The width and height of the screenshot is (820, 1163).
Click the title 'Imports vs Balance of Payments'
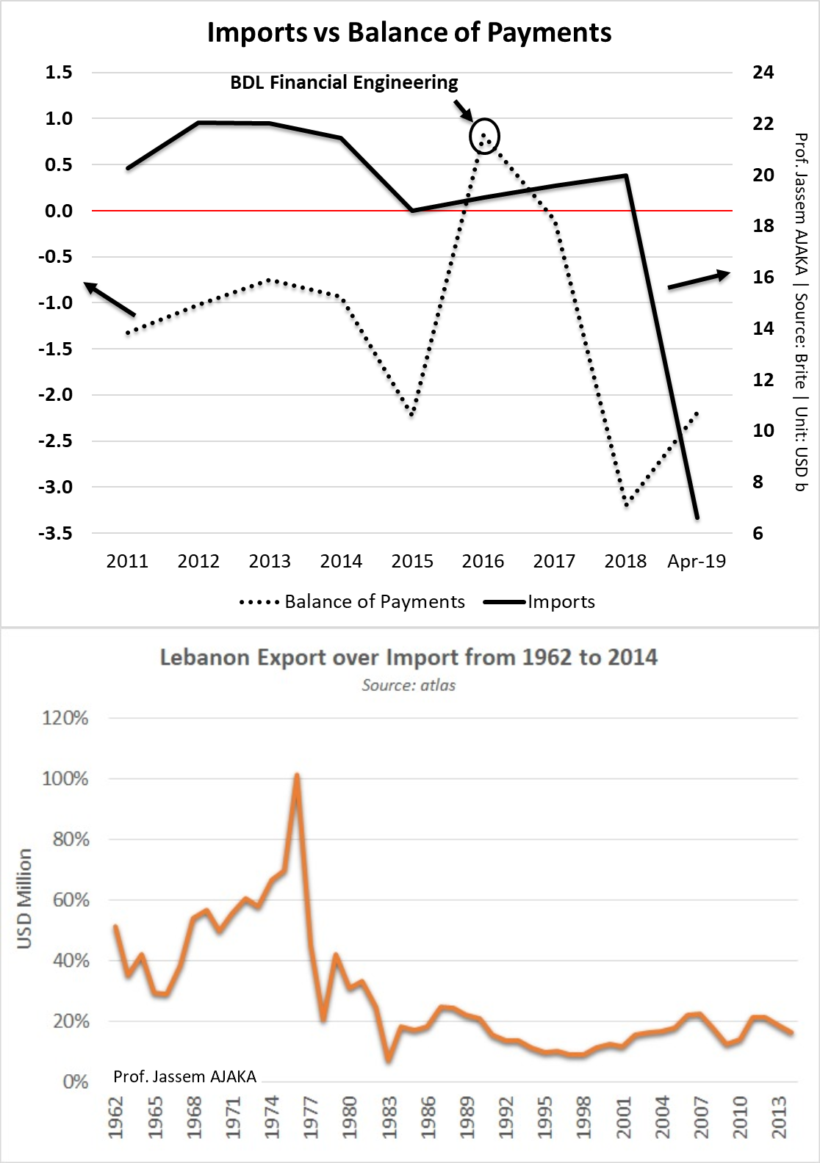tap(409, 33)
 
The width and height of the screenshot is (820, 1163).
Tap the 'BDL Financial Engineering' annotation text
tap(344, 82)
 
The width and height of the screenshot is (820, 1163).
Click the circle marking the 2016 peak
tap(484, 136)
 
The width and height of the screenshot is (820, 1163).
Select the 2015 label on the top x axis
tap(412, 562)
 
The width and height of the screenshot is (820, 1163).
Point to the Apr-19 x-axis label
tap(697, 562)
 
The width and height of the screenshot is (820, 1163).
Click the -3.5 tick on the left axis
tap(55, 533)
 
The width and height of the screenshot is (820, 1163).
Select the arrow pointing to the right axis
tap(699, 280)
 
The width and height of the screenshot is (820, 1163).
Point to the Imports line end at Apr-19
tap(697, 518)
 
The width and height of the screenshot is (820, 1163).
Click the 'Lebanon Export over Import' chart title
tap(409, 656)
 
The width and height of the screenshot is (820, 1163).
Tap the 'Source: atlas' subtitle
tap(409, 686)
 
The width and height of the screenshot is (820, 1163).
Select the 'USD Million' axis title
tap(25, 898)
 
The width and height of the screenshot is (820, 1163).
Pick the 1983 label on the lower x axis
tap(389, 1117)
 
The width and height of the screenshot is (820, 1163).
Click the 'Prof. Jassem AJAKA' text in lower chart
tap(185, 1076)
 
